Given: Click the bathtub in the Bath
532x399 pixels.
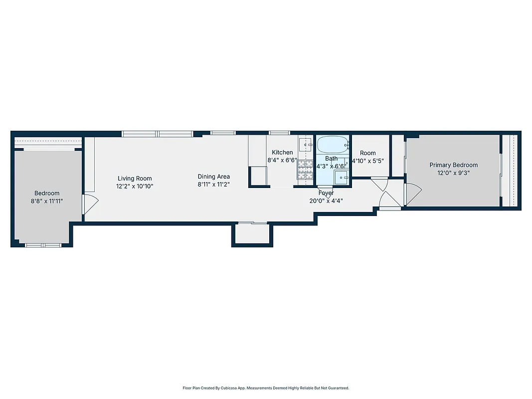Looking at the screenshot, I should (x=333, y=145).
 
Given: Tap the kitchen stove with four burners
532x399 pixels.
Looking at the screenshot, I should (x=305, y=170).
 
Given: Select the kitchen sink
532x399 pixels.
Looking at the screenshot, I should (x=305, y=145).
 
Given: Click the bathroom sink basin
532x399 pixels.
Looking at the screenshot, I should (x=342, y=177).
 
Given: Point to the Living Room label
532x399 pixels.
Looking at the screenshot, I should (x=135, y=179).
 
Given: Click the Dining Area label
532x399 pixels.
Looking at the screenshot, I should (x=213, y=177).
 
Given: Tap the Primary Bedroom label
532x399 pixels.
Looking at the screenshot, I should (x=453, y=165).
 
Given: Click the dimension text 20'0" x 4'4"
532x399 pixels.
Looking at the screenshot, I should (x=326, y=201).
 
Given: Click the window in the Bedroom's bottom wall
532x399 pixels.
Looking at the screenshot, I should (x=43, y=245).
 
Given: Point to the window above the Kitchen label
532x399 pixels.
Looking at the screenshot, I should (x=279, y=133).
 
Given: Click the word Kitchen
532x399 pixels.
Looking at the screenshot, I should (x=282, y=153).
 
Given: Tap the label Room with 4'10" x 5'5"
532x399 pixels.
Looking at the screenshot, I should (x=368, y=153).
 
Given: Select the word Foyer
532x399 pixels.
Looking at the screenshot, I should (x=326, y=193).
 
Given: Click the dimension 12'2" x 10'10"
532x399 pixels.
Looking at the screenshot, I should (x=135, y=187).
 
